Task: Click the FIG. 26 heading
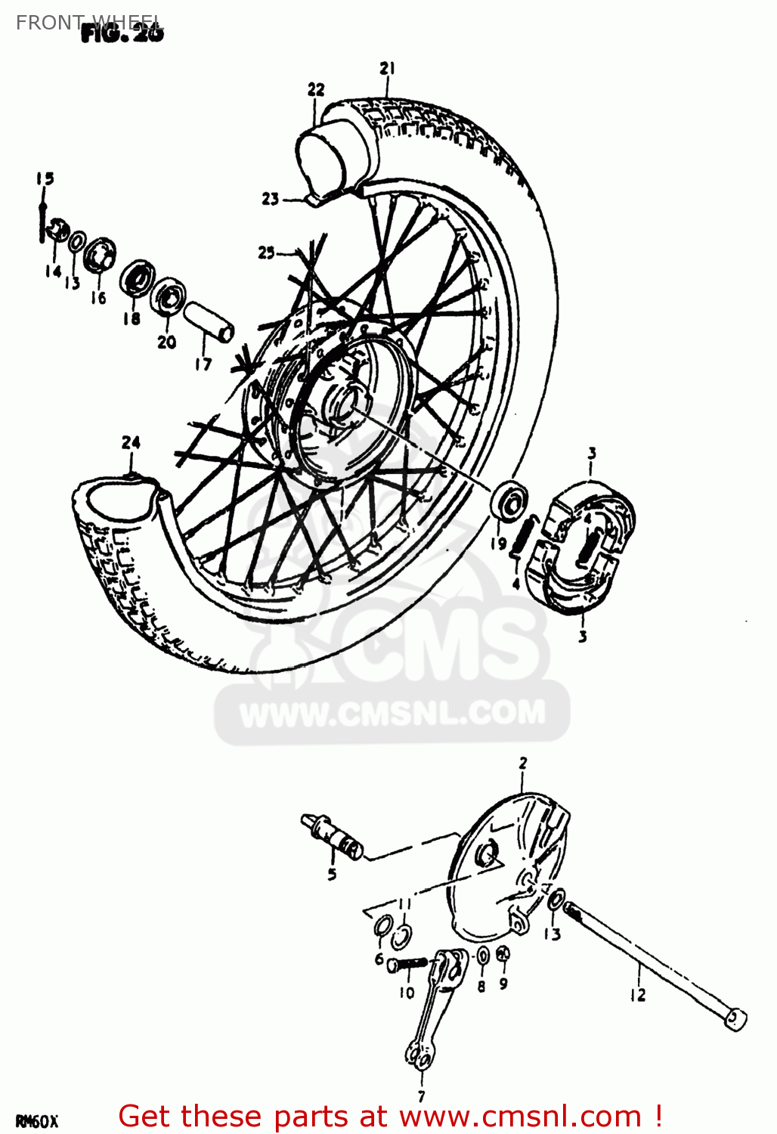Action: pyautogui.click(x=122, y=33)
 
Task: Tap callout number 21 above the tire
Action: pyautogui.click(x=387, y=69)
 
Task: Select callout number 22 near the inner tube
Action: pyautogui.click(x=316, y=89)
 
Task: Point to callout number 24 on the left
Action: pyautogui.click(x=131, y=442)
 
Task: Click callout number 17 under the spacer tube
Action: pyautogui.click(x=203, y=364)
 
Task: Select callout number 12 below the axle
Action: pyautogui.click(x=638, y=995)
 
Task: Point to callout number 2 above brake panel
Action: pyautogui.click(x=522, y=764)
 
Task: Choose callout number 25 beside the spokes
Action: pyautogui.click(x=266, y=253)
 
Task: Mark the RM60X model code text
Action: pyautogui.click(x=37, y=1121)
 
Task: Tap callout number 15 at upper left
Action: pyautogui.click(x=45, y=178)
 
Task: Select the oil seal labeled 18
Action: pyautogui.click(x=137, y=278)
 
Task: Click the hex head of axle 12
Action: pyautogui.click(x=735, y=1018)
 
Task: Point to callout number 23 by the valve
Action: pyautogui.click(x=271, y=199)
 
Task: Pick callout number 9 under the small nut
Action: pyautogui.click(x=503, y=984)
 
